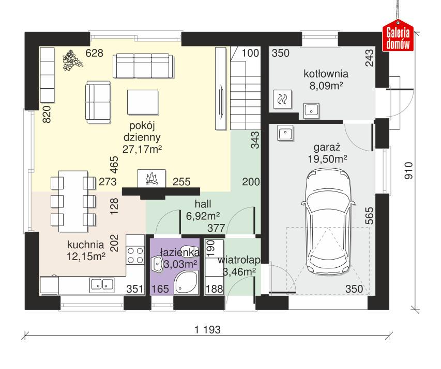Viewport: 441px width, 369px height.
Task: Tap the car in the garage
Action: [329, 222]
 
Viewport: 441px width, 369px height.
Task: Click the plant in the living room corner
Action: [73, 60]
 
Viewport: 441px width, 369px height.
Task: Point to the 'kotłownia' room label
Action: [326, 73]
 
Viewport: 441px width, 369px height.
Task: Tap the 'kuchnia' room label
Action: [85, 245]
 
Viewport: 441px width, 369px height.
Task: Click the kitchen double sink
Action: [102, 283]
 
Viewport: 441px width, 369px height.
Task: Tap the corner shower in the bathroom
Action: [184, 283]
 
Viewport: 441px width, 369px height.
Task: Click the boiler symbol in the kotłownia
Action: [283, 99]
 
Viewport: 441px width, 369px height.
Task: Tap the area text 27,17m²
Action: [143, 149]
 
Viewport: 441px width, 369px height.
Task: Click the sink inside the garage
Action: [285, 133]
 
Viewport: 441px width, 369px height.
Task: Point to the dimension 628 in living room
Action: [95, 53]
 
